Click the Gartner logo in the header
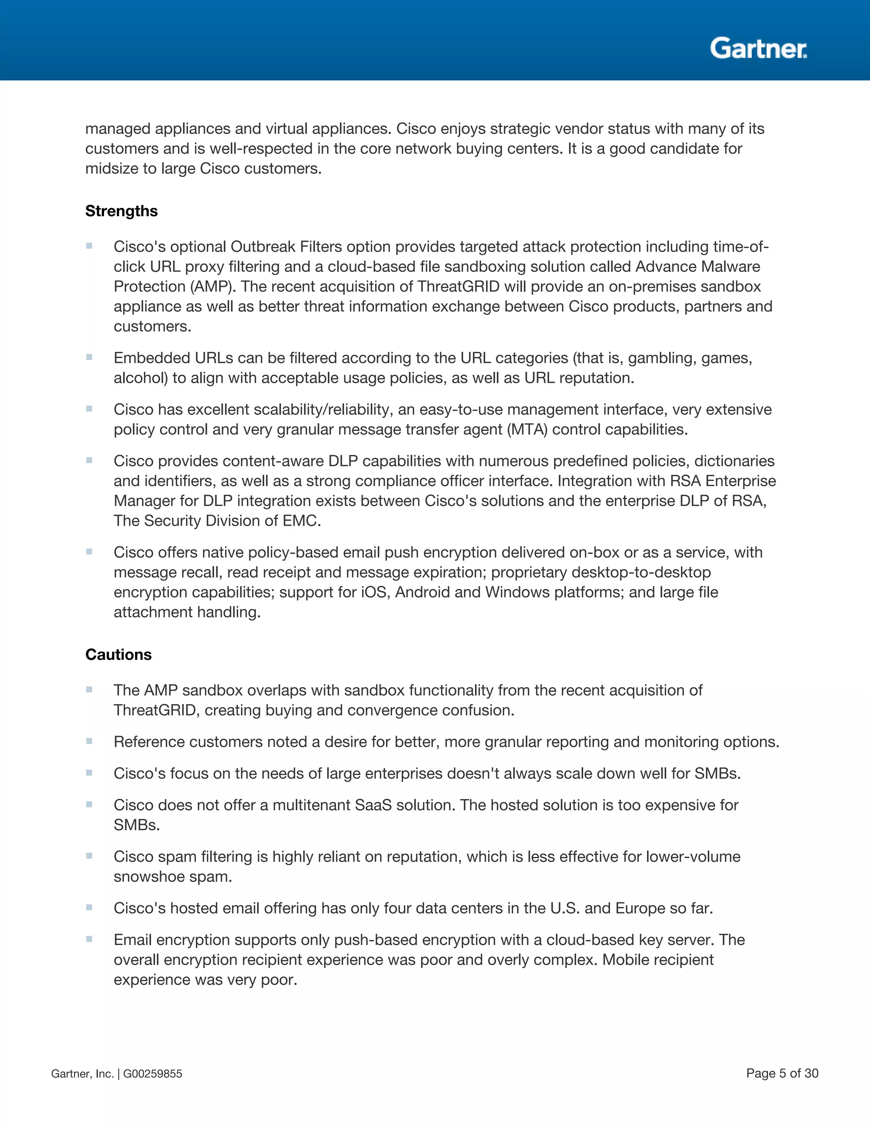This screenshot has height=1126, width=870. click(x=758, y=48)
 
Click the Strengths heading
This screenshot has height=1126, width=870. click(x=121, y=211)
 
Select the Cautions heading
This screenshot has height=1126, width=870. click(x=118, y=654)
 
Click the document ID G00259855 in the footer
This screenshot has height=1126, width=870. click(x=153, y=1073)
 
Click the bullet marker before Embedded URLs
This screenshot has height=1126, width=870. click(x=89, y=357)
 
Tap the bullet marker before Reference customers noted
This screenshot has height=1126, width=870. click(x=89, y=741)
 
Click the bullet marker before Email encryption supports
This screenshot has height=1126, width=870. click(x=89, y=939)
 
